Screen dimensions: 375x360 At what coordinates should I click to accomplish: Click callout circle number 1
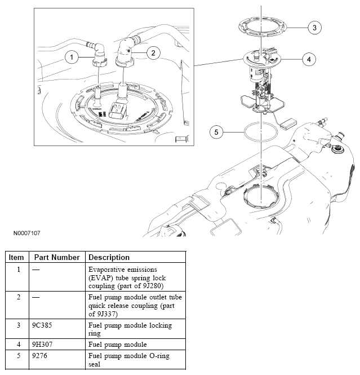click(x=70, y=56)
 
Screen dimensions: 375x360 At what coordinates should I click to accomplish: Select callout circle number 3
click(x=315, y=27)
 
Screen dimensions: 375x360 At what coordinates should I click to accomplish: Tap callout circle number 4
click(x=308, y=58)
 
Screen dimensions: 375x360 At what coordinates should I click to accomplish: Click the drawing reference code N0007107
click(x=24, y=232)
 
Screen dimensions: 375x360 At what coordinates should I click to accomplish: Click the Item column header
click(x=16, y=257)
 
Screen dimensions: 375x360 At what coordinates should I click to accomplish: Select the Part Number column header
click(x=57, y=257)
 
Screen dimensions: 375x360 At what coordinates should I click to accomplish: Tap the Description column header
click(x=109, y=257)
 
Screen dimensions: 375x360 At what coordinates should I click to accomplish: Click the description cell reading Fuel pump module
click(x=117, y=344)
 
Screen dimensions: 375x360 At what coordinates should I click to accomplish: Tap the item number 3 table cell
click(x=18, y=325)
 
